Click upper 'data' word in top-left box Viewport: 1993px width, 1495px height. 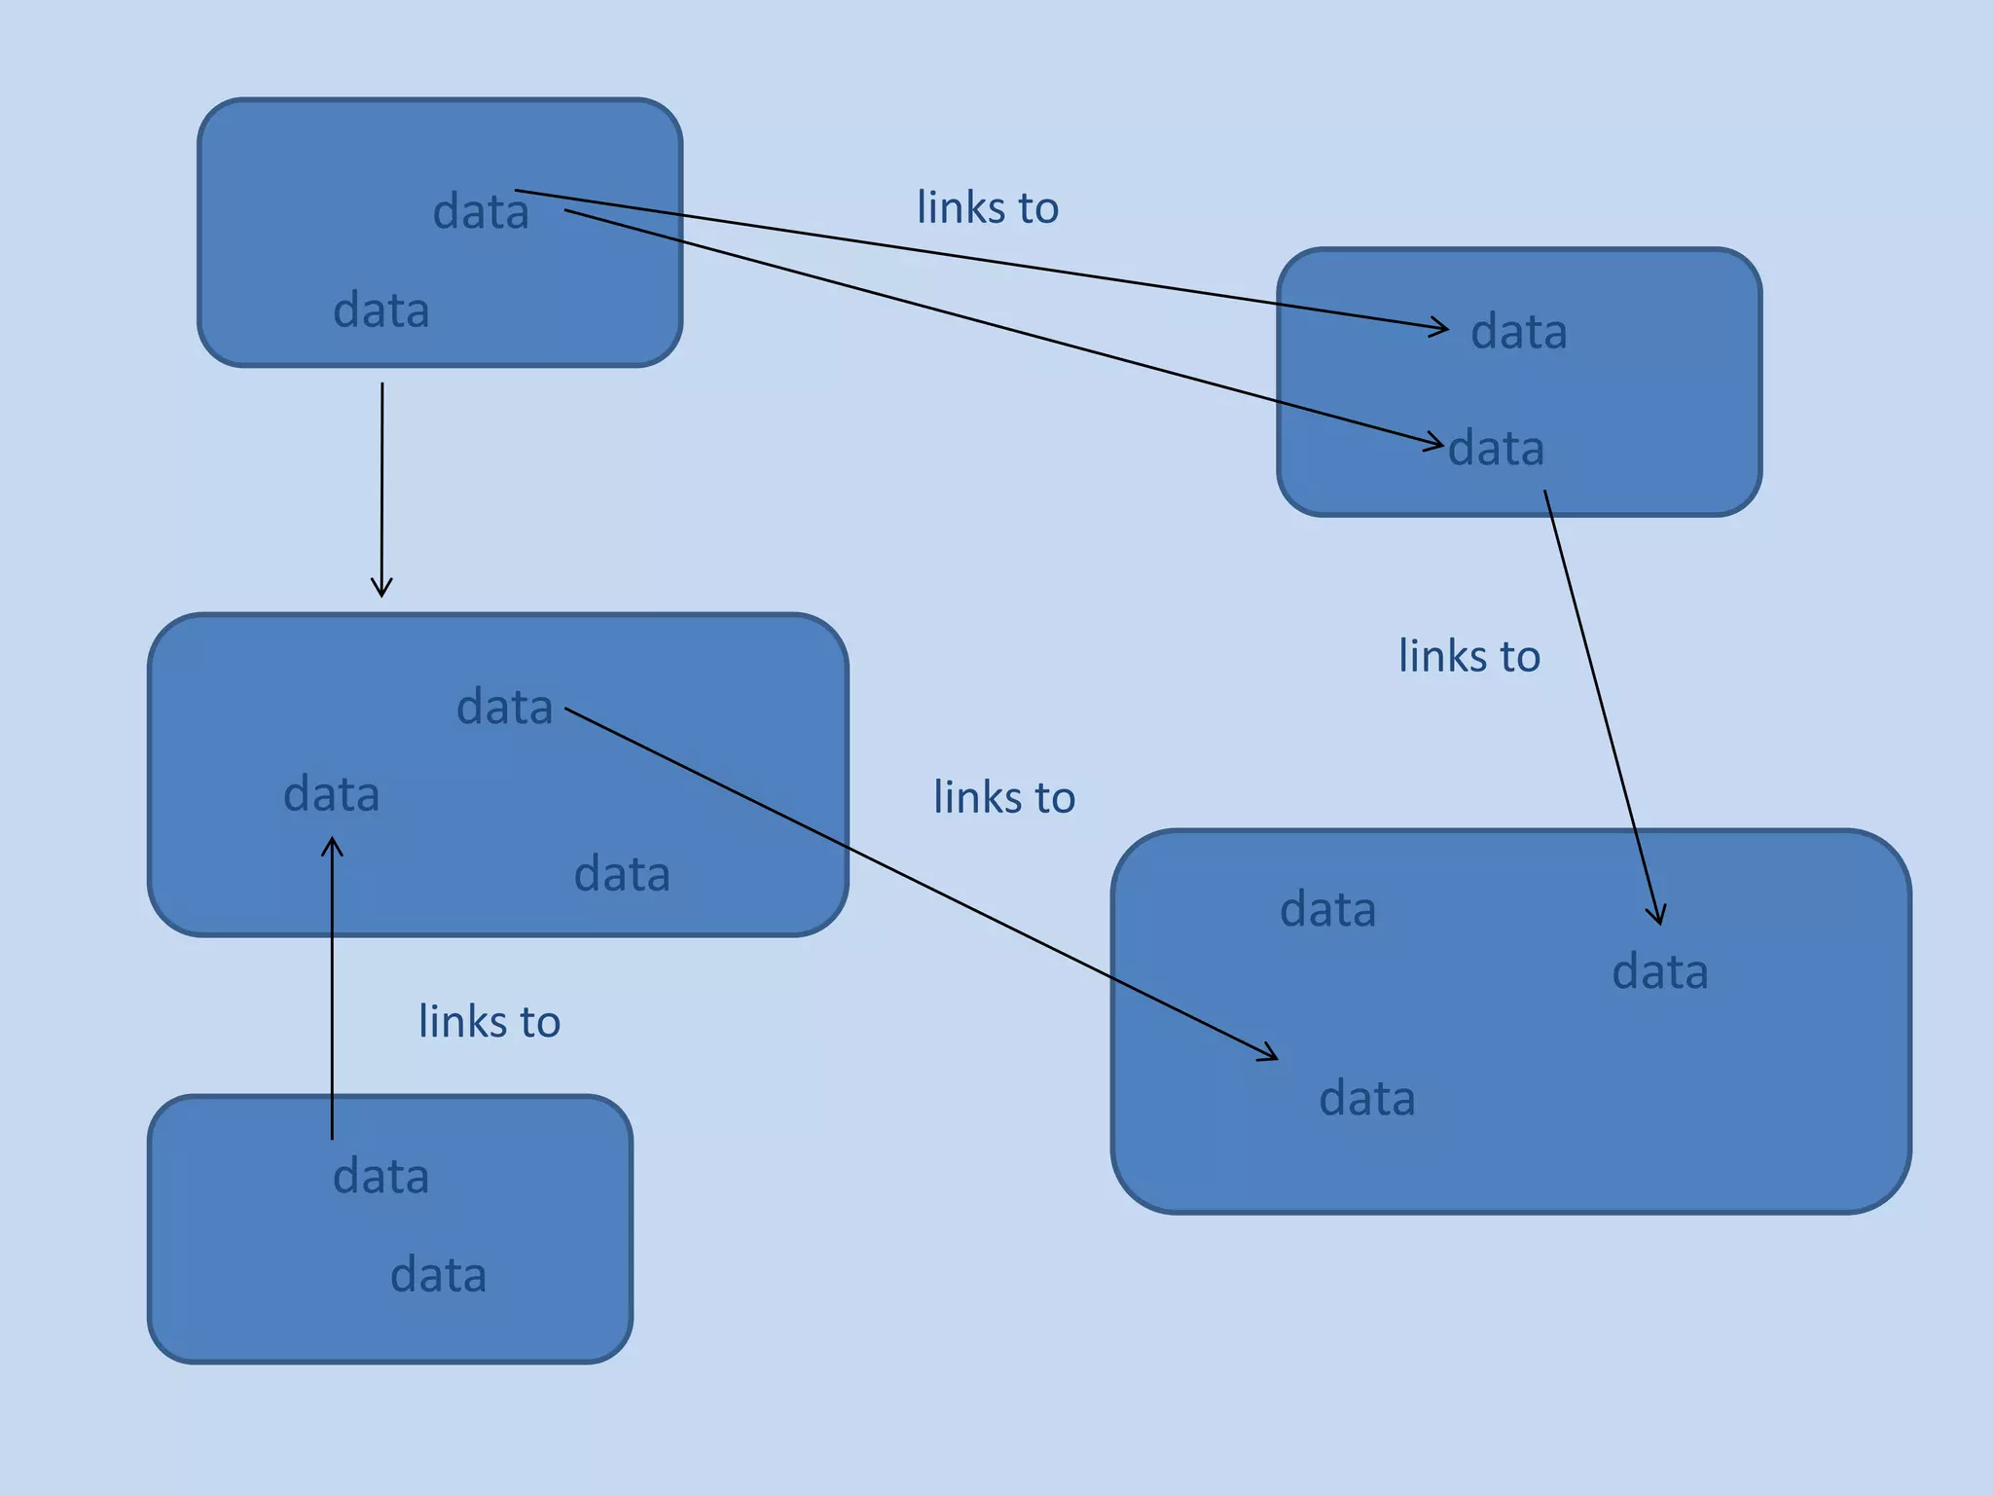[481, 212]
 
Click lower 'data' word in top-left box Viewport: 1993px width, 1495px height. [381, 310]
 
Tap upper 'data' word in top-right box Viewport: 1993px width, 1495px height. [1519, 332]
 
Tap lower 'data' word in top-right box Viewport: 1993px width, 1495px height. [1497, 449]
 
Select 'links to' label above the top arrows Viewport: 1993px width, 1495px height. [988, 207]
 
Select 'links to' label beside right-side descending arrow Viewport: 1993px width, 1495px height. [1469, 656]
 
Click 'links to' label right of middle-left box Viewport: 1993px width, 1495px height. [1004, 797]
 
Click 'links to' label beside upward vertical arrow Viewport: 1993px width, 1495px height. [489, 1021]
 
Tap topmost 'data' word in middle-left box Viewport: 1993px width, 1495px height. [505, 707]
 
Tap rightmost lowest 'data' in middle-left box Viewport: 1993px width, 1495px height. [622, 874]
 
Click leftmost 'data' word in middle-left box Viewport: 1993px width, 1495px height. [332, 794]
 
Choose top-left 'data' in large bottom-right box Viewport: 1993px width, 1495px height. [1328, 910]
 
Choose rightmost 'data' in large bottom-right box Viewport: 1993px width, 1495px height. [1660, 972]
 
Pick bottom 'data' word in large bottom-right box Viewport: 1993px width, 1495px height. [1367, 1099]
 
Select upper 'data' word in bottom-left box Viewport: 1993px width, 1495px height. [381, 1177]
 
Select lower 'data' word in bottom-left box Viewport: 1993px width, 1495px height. [439, 1275]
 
